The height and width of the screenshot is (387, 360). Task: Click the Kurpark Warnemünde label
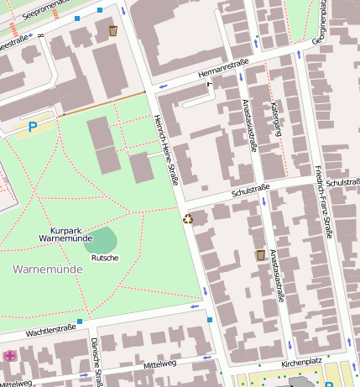point(65,234)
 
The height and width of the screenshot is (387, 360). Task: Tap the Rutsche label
point(105,258)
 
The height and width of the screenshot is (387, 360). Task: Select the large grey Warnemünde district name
point(47,269)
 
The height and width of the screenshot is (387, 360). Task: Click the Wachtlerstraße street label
point(51,332)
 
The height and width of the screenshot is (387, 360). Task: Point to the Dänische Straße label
point(97,362)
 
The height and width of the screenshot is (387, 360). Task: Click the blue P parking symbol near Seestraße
point(34,127)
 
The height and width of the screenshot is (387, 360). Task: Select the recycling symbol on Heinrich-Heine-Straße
point(187,219)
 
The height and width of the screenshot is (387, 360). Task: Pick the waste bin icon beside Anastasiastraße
point(261,254)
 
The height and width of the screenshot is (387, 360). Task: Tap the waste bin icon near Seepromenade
point(113,31)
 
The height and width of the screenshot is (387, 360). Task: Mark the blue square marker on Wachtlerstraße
point(80,321)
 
